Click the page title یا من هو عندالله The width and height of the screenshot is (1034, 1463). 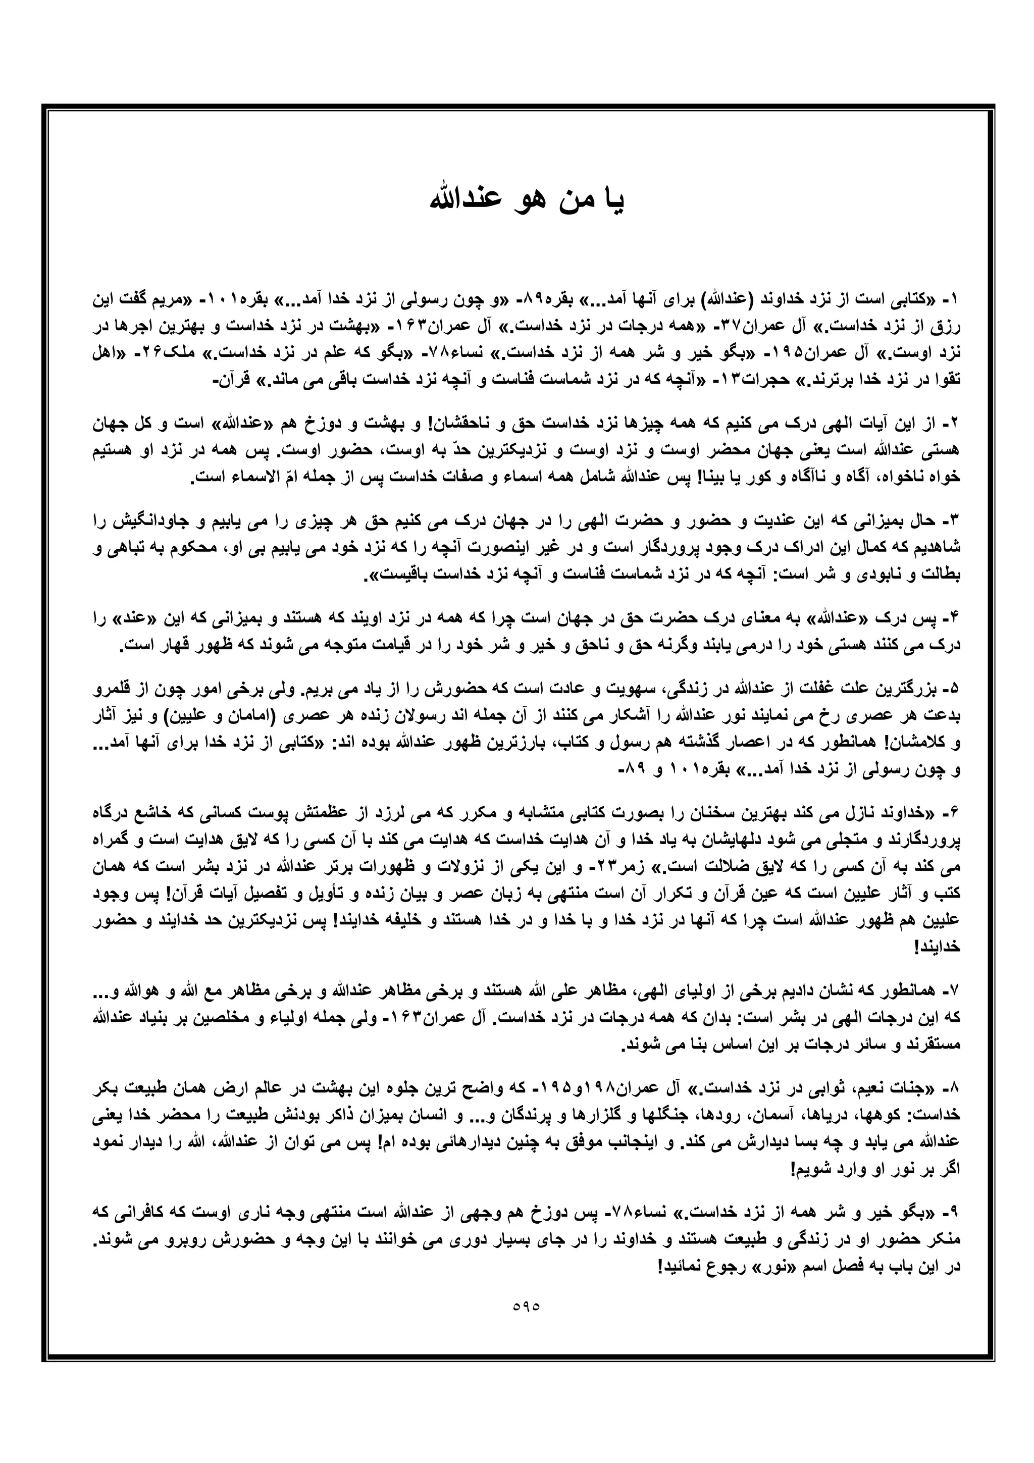pyautogui.click(x=528, y=201)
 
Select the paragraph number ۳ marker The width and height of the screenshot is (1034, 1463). pyautogui.click(x=954, y=521)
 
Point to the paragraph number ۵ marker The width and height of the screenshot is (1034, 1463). pyautogui.click(x=954, y=689)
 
